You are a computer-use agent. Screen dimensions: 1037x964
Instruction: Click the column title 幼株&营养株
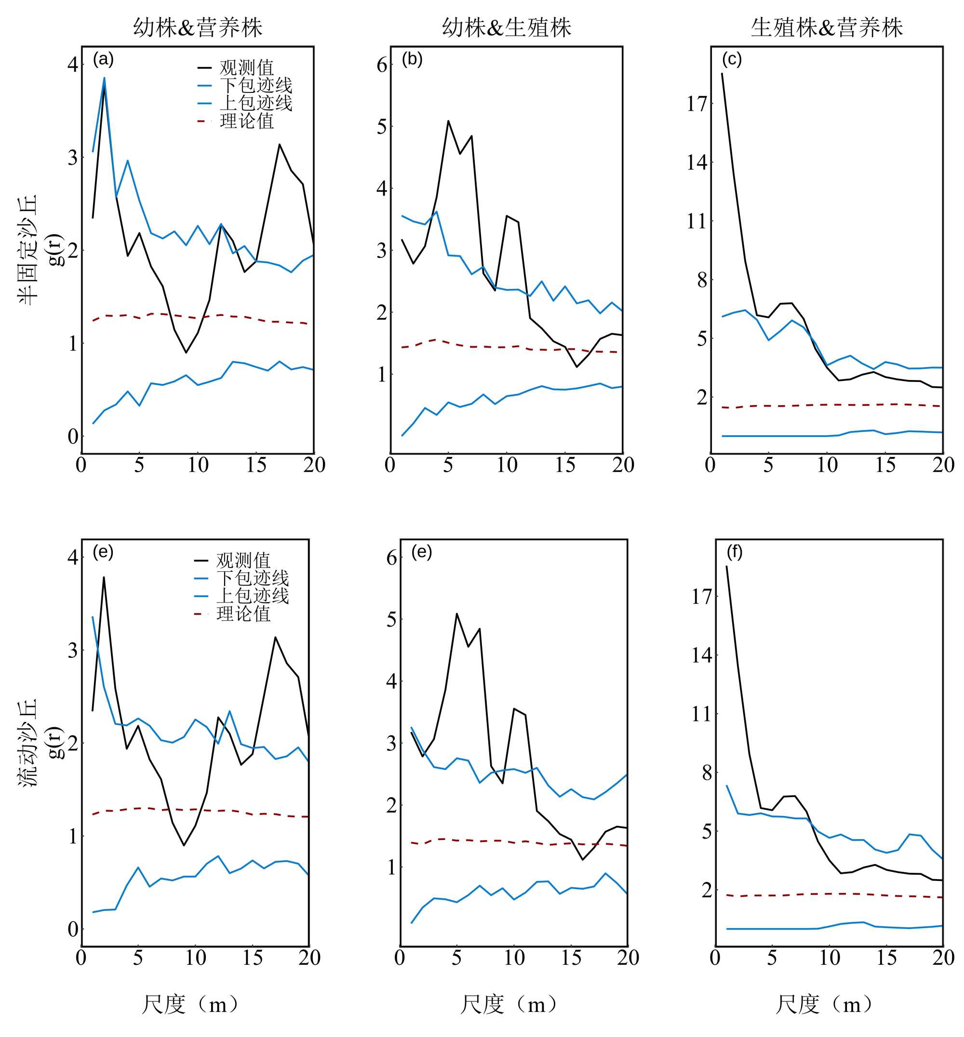[198, 27]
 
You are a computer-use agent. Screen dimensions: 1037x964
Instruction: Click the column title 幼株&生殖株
[507, 27]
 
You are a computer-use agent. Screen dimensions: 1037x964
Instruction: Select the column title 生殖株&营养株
[827, 27]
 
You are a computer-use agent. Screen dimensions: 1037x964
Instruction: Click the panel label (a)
[103, 59]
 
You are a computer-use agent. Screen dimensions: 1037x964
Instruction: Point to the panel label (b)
[412, 59]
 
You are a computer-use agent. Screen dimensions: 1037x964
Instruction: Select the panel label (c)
[732, 59]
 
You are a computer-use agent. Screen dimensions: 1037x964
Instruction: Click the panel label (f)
[735, 552]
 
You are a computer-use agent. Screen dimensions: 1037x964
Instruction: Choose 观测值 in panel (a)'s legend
[247, 68]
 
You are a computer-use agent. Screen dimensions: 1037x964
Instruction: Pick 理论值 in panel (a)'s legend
[247, 121]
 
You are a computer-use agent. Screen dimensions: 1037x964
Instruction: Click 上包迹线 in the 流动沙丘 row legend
[253, 596]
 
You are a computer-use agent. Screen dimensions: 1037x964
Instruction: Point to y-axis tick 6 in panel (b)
[382, 65]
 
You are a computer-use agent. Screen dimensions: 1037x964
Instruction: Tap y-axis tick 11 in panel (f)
[702, 714]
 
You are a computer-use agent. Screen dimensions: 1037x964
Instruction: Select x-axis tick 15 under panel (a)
[256, 465]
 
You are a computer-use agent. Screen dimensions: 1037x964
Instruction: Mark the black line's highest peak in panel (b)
[448, 121]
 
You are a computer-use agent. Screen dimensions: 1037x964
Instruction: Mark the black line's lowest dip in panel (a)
[186, 353]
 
